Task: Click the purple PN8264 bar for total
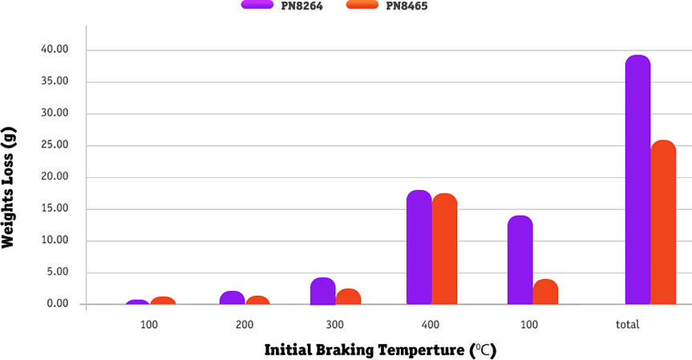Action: click(637, 180)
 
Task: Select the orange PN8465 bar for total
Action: click(663, 223)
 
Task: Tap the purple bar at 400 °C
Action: click(419, 248)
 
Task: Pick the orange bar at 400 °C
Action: click(444, 249)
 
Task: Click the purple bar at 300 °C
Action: click(322, 291)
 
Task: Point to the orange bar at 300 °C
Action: click(348, 297)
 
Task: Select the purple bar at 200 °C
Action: click(232, 297)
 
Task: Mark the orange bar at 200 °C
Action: click(257, 300)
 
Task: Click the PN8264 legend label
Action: click(301, 6)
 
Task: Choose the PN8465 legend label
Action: click(407, 6)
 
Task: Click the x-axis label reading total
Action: click(627, 325)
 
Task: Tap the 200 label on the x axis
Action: click(245, 325)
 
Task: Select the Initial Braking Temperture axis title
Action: click(381, 350)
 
